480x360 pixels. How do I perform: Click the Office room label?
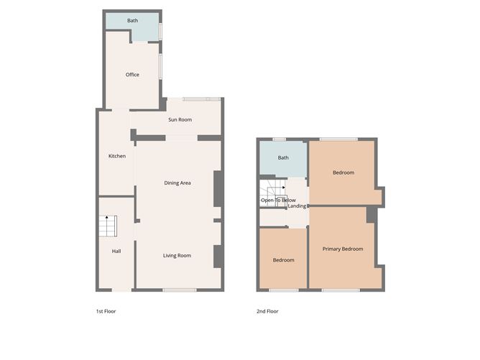coord(132,75)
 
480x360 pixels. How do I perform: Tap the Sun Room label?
coord(180,120)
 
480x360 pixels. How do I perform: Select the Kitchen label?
coord(117,156)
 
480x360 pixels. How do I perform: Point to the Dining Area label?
coord(177,183)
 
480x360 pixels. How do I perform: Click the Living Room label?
coord(177,256)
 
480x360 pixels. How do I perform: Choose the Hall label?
coord(116,251)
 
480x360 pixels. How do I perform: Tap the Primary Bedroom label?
coord(343,249)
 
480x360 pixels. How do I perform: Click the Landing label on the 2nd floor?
coord(297,206)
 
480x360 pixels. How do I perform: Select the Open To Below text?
coord(278,200)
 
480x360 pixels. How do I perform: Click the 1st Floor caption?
coord(106,311)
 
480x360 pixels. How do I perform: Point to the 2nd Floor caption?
coord(267,311)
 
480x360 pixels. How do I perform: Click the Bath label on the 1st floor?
coord(132,21)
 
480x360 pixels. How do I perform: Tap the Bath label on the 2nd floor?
coord(283,157)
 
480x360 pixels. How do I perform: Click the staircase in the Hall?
coord(108,226)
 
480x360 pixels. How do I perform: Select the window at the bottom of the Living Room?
coord(180,290)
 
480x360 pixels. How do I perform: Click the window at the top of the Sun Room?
coord(202,99)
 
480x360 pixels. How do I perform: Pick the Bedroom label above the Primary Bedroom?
coord(343,172)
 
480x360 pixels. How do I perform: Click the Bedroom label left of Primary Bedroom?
coord(283,260)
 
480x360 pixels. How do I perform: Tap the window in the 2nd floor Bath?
coord(280,139)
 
